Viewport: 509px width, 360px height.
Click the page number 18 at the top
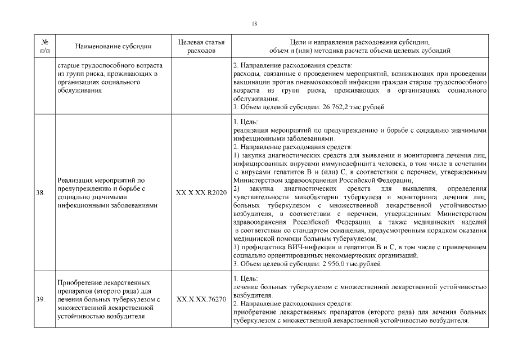(x=255, y=23)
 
